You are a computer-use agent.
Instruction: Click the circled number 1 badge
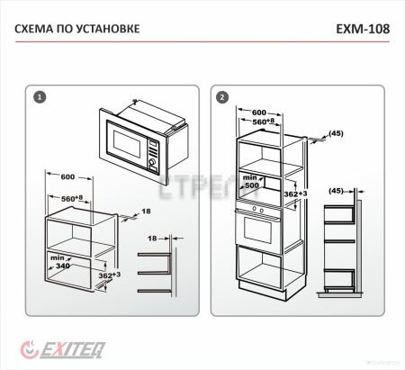coord(39,95)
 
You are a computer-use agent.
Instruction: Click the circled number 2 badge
coord(222,95)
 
